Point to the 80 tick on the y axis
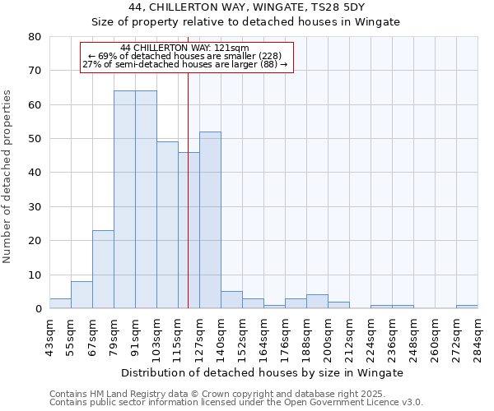[x=35, y=37]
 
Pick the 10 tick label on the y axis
[x=35, y=275]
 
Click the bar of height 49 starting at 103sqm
[x=167, y=225]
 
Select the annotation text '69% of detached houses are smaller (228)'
[x=189, y=56]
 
